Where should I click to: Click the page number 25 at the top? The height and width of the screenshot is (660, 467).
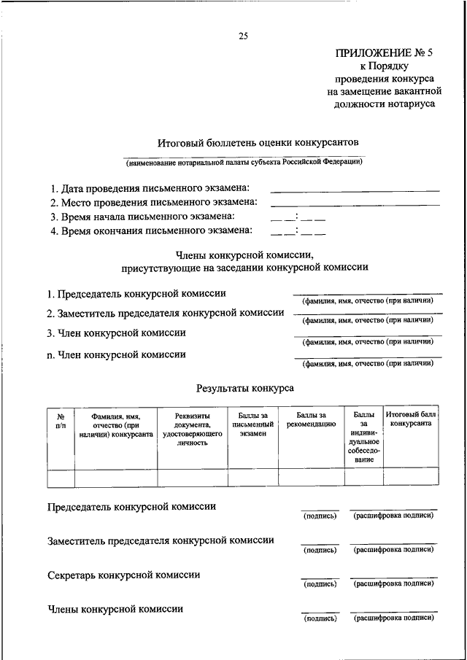244,36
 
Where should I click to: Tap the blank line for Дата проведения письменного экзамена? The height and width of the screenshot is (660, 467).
355,190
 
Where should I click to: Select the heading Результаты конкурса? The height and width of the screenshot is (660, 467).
245,389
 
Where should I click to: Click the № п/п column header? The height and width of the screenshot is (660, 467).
61,419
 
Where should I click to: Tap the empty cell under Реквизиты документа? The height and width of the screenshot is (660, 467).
192,478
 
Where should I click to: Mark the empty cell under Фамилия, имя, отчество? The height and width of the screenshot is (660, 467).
116,478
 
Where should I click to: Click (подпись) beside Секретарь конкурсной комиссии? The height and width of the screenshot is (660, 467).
320,584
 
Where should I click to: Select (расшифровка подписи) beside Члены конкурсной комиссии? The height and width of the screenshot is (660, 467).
393,618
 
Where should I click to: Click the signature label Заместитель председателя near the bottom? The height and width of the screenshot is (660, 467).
161,541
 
